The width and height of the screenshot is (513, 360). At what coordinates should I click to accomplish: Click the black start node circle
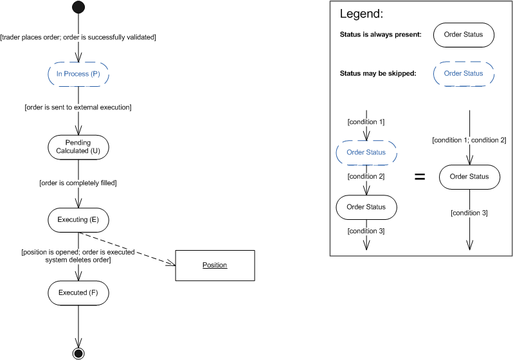click(78, 8)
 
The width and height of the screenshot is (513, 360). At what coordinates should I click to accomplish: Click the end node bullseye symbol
click(78, 353)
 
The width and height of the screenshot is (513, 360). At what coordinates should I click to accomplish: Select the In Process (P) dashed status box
click(78, 74)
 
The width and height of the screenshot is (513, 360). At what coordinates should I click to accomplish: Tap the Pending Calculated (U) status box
click(78, 147)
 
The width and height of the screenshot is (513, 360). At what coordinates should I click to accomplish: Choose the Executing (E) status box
click(78, 220)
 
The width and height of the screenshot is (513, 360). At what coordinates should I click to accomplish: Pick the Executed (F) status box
click(78, 292)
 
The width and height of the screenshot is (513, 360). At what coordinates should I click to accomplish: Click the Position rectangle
click(215, 265)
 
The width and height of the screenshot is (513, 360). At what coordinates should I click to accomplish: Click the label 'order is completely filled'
click(78, 183)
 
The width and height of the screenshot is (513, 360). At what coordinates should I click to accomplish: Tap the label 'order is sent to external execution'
click(78, 107)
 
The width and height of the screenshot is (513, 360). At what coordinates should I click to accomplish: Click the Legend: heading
click(361, 14)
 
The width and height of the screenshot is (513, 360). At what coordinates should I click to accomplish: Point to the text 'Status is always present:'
click(380, 35)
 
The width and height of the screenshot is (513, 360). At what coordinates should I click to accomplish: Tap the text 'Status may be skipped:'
click(378, 73)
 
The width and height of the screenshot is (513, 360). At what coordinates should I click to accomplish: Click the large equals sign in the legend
click(419, 177)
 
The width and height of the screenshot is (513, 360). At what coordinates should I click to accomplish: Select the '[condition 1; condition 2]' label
click(469, 140)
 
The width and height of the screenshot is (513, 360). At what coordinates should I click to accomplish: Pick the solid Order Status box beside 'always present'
click(464, 35)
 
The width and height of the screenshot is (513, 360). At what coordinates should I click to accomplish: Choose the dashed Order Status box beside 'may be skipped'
click(464, 73)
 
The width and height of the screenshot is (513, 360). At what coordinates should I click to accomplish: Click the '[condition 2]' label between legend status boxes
click(366, 177)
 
